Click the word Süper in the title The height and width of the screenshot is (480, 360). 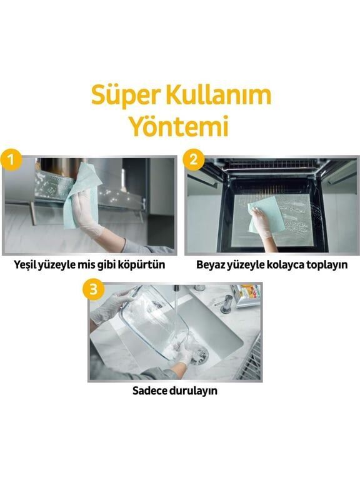122,96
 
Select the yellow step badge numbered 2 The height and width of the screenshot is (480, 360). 194,159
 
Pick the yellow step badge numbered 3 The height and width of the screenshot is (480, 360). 94,289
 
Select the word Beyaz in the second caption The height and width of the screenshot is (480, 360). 212,265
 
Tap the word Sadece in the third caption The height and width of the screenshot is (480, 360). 149,392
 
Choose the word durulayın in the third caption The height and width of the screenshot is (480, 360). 198,392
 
